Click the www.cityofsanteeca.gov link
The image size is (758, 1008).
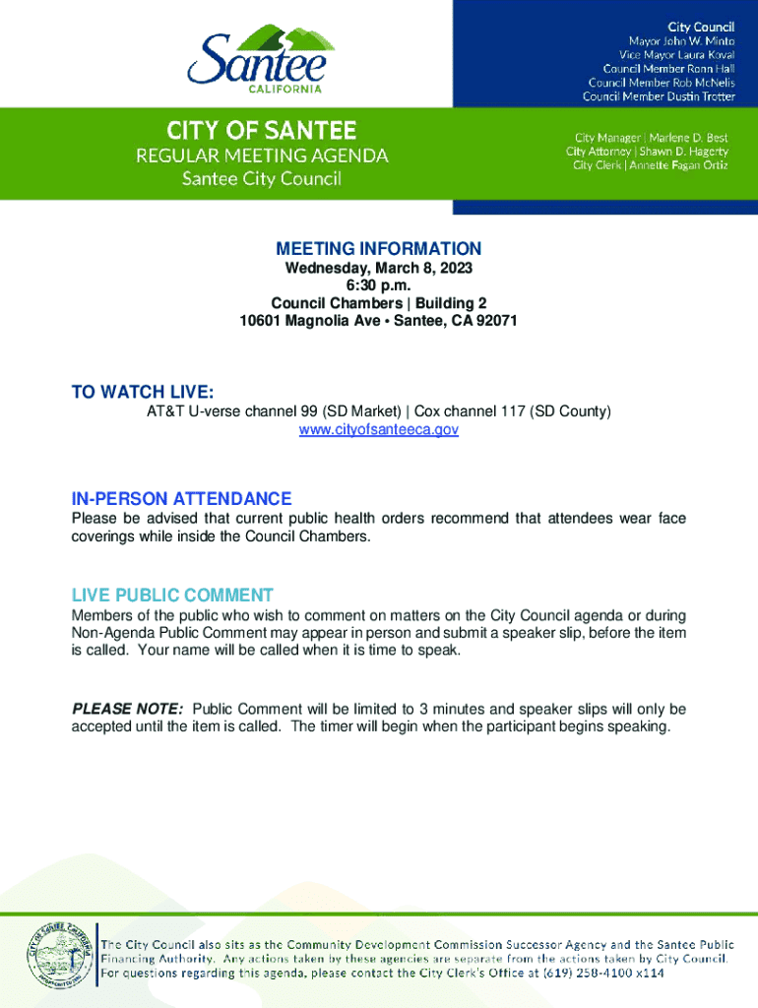tap(379, 430)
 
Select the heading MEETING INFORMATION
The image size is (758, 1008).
tap(379, 249)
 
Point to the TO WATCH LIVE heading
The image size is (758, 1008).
tap(142, 394)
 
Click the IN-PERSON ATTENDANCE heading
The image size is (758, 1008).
tap(181, 499)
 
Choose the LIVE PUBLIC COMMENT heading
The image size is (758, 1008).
tap(172, 596)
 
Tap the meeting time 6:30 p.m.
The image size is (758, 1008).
tap(379, 285)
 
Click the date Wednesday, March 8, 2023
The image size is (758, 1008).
tap(379, 269)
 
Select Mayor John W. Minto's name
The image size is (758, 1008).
tap(681, 42)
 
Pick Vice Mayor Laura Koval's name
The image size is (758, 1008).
tap(676, 56)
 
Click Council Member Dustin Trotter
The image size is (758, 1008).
tap(659, 96)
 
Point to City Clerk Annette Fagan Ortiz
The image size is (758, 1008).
tap(651, 164)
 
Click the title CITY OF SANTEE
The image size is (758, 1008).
tap(261, 130)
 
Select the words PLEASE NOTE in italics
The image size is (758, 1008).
tap(127, 710)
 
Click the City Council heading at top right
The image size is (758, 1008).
tap(701, 27)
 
